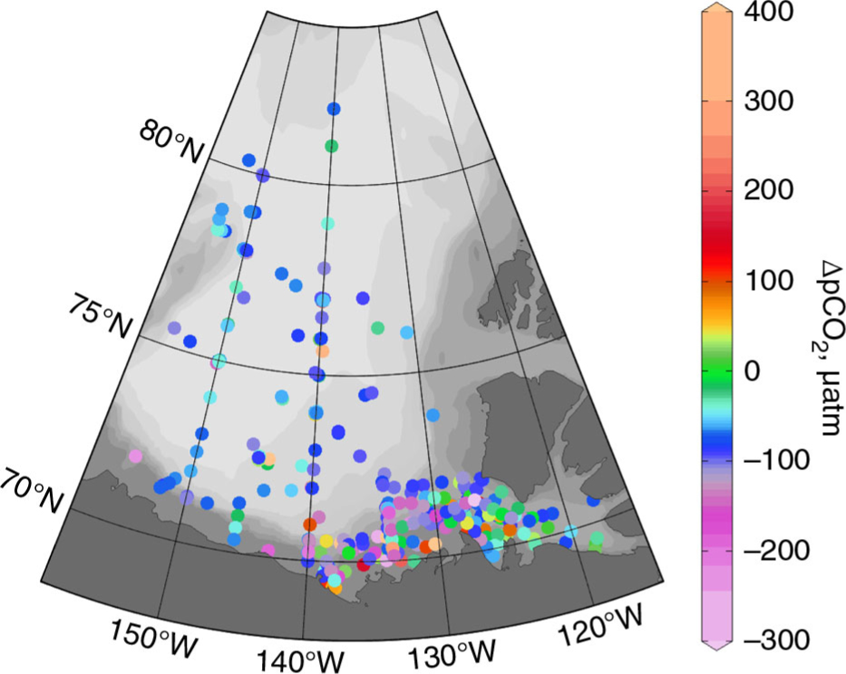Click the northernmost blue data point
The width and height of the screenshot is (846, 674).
(x=334, y=109)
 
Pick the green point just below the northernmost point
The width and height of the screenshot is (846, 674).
(x=332, y=146)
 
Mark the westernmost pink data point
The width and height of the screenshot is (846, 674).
(x=135, y=456)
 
